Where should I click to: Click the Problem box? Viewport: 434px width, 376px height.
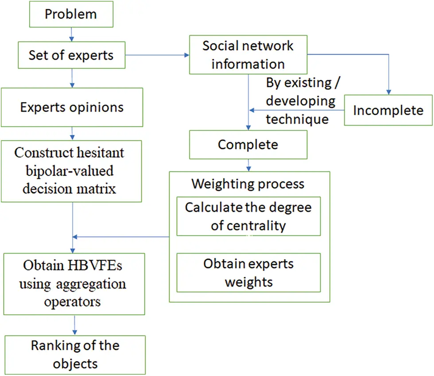(x=70, y=14)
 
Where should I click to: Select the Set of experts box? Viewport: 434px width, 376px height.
(x=71, y=55)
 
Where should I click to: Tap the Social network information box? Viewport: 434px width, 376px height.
(x=248, y=55)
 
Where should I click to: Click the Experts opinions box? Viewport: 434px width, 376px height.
(x=72, y=107)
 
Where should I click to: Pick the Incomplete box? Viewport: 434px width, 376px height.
(x=388, y=110)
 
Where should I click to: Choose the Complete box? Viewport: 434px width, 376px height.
(x=248, y=145)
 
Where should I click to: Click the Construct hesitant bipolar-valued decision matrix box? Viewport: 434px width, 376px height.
(x=71, y=171)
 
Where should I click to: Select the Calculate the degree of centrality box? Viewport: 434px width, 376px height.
(x=248, y=216)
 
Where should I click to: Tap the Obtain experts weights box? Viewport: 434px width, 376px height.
(x=248, y=273)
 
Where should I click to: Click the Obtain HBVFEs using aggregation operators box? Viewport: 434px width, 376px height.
(x=74, y=284)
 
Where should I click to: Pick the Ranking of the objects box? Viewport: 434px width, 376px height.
(x=75, y=354)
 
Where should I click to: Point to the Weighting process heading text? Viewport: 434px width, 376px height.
(x=248, y=183)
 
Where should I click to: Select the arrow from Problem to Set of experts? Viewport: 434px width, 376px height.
(x=71, y=34)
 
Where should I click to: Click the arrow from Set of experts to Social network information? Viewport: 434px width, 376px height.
(x=157, y=55)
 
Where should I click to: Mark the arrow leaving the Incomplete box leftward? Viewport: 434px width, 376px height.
(x=297, y=110)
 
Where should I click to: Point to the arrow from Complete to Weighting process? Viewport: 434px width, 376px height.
(x=248, y=165)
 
